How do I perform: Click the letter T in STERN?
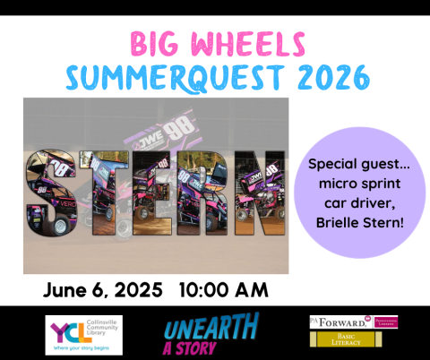coord(102,193)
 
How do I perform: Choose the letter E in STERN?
coord(154,193)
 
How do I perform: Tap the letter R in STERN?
coord(206,193)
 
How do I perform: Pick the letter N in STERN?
coord(260,193)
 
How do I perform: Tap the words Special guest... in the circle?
coord(357,166)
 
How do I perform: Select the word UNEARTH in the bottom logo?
coord(212,325)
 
